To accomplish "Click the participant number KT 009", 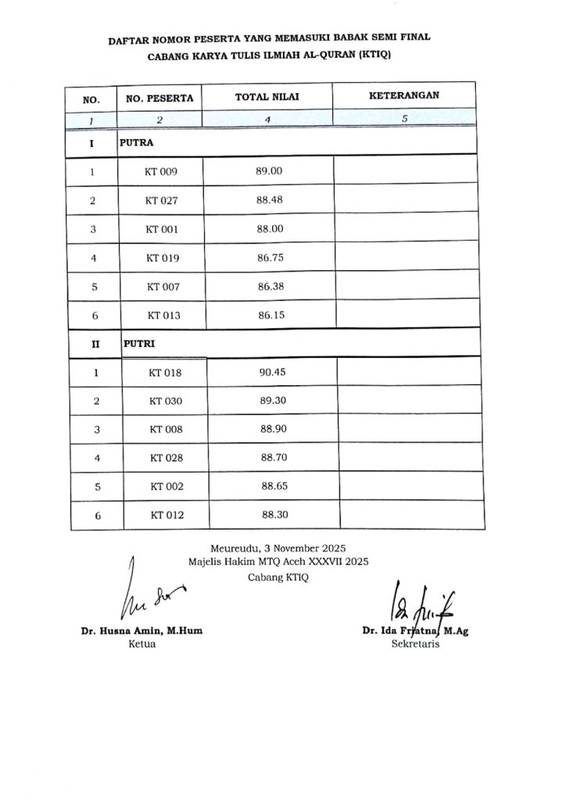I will click(x=162, y=171).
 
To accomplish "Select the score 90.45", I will click(x=272, y=372).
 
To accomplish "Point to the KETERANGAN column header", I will click(x=403, y=96).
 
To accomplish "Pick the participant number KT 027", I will click(x=162, y=200).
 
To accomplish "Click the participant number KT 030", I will click(x=165, y=401).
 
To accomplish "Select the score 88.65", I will click(x=275, y=486).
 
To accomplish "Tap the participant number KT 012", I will click(x=167, y=515).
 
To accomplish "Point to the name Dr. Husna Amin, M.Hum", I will click(x=141, y=631).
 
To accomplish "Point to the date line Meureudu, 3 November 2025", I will click(x=278, y=548).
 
